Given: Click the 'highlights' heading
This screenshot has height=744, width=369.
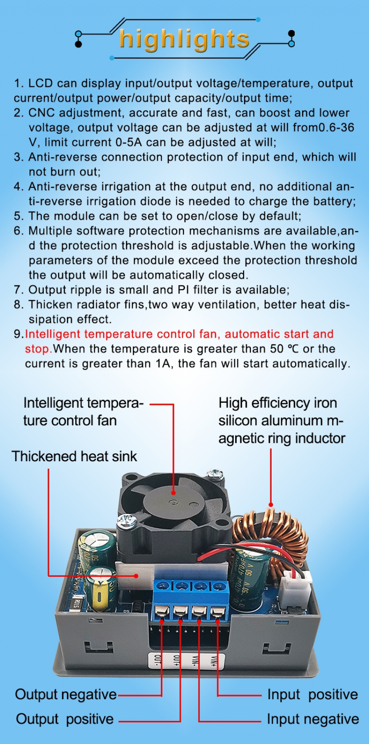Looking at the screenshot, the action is click(x=184, y=40).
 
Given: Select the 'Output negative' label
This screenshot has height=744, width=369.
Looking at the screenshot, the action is click(x=66, y=695).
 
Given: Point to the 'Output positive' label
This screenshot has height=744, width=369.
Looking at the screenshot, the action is click(x=65, y=719).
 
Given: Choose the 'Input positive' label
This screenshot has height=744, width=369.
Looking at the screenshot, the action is click(x=313, y=695).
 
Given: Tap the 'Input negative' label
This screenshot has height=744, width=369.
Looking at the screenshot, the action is click(x=313, y=719).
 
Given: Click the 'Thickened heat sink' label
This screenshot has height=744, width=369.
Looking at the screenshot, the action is click(x=74, y=456).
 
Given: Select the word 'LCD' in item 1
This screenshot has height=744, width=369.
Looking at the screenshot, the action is click(x=40, y=83).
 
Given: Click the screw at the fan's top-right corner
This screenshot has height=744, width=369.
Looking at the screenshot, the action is click(x=215, y=474).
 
